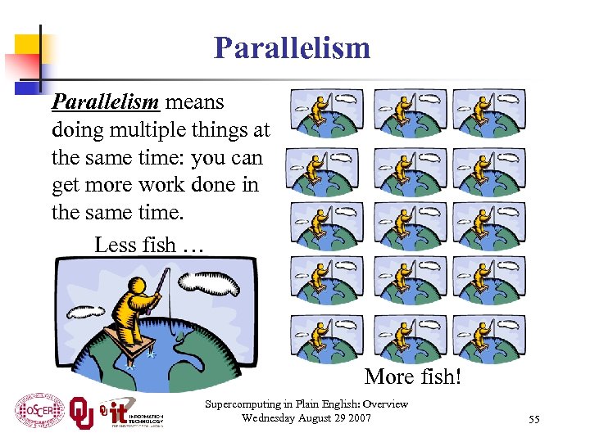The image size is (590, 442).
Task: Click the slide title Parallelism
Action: [292, 48]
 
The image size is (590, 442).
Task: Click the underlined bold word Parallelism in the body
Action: [104, 103]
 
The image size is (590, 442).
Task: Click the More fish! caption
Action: [413, 377]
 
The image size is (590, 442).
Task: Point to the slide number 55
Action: [534, 419]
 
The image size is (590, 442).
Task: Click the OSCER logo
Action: [39, 408]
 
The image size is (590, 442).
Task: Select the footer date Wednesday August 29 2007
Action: [306, 419]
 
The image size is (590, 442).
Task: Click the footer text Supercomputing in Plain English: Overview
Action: [306, 405]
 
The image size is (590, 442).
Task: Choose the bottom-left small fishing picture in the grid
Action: [330, 337]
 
